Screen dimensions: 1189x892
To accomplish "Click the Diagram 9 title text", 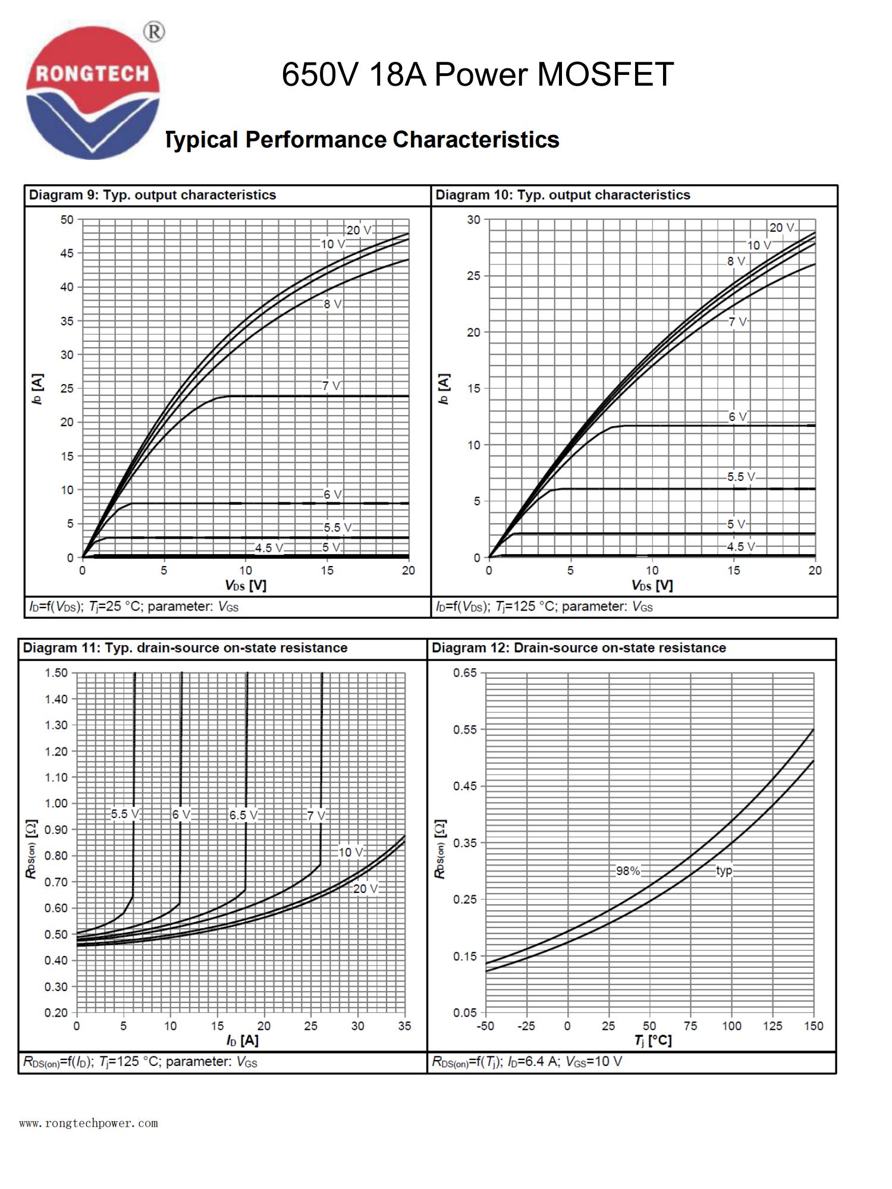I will [x=153, y=195].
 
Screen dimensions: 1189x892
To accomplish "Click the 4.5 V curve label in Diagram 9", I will [x=269, y=548].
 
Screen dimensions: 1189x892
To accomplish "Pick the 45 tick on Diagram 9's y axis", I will [x=67, y=253].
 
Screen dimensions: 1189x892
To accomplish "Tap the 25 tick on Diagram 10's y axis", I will [x=473, y=276].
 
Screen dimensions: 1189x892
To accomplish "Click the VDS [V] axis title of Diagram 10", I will [x=652, y=586].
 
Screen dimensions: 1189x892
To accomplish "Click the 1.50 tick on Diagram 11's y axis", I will [x=56, y=672].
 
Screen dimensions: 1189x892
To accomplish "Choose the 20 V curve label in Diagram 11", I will [x=365, y=889].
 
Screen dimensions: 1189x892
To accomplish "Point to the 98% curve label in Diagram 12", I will [x=628, y=871].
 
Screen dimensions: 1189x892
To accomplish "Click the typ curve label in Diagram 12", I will [x=724, y=871].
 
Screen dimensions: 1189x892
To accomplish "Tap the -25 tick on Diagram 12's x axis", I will [x=526, y=1026].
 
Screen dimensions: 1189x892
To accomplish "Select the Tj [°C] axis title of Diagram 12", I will [x=652, y=1040].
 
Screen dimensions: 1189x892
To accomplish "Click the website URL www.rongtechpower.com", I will [x=89, y=1123].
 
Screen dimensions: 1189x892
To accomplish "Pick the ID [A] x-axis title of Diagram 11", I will [x=242, y=1040].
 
